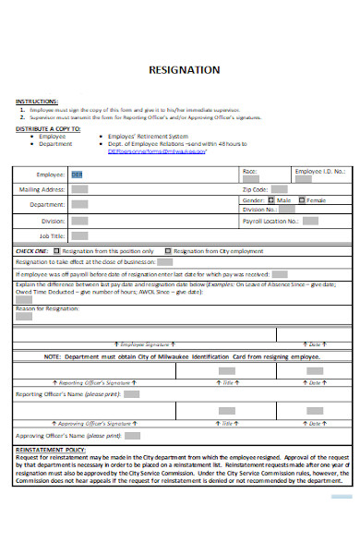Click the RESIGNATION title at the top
point(191,70)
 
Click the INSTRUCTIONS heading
point(37,101)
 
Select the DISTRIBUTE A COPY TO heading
point(48,129)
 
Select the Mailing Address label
point(42,189)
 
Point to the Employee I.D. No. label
point(320,172)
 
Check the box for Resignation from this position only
point(57,250)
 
